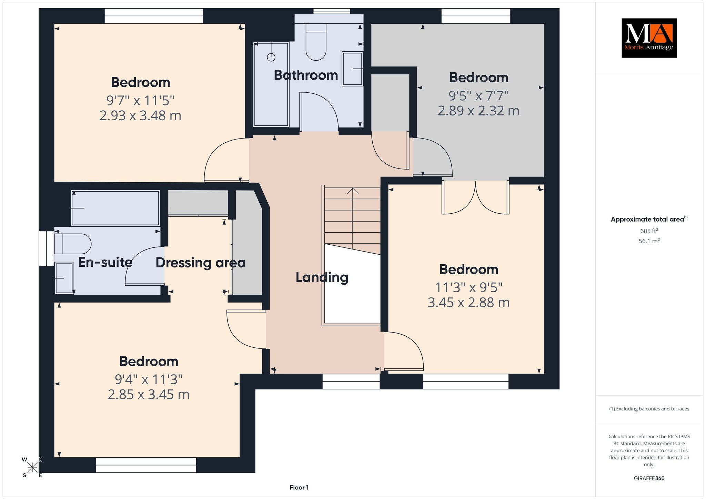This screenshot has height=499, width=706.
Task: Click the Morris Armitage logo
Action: pyautogui.click(x=649, y=38)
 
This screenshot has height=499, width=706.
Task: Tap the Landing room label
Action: pyautogui.click(x=322, y=277)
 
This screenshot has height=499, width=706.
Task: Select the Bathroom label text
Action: pyautogui.click(x=306, y=75)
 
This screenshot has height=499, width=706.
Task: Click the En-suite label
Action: pyautogui.click(x=105, y=262)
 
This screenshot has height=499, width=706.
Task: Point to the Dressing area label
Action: pyautogui.click(x=201, y=263)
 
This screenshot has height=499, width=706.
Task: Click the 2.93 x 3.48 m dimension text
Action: pyautogui.click(x=140, y=115)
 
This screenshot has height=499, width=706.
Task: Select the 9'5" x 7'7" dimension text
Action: pyautogui.click(x=478, y=95)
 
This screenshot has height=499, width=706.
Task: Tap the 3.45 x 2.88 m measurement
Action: pyautogui.click(x=468, y=303)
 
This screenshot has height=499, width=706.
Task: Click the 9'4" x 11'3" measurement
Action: pyautogui.click(x=149, y=379)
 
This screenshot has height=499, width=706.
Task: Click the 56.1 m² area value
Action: pyautogui.click(x=649, y=241)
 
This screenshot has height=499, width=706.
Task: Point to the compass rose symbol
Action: pyautogui.click(x=32, y=467)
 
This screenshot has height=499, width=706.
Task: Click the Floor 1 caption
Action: pyautogui.click(x=299, y=487)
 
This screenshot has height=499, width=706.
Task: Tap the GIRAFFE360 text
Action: pyautogui.click(x=649, y=478)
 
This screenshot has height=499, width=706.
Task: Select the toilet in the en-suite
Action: pyautogui.click(x=72, y=244)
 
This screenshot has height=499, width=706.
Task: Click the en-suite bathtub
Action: pyautogui.click(x=115, y=208)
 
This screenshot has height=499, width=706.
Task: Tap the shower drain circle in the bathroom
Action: pyautogui.click(x=271, y=57)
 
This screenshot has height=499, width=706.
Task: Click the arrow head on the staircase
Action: pyautogui.click(x=352, y=191)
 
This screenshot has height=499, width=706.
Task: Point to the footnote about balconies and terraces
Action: pyautogui.click(x=649, y=409)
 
